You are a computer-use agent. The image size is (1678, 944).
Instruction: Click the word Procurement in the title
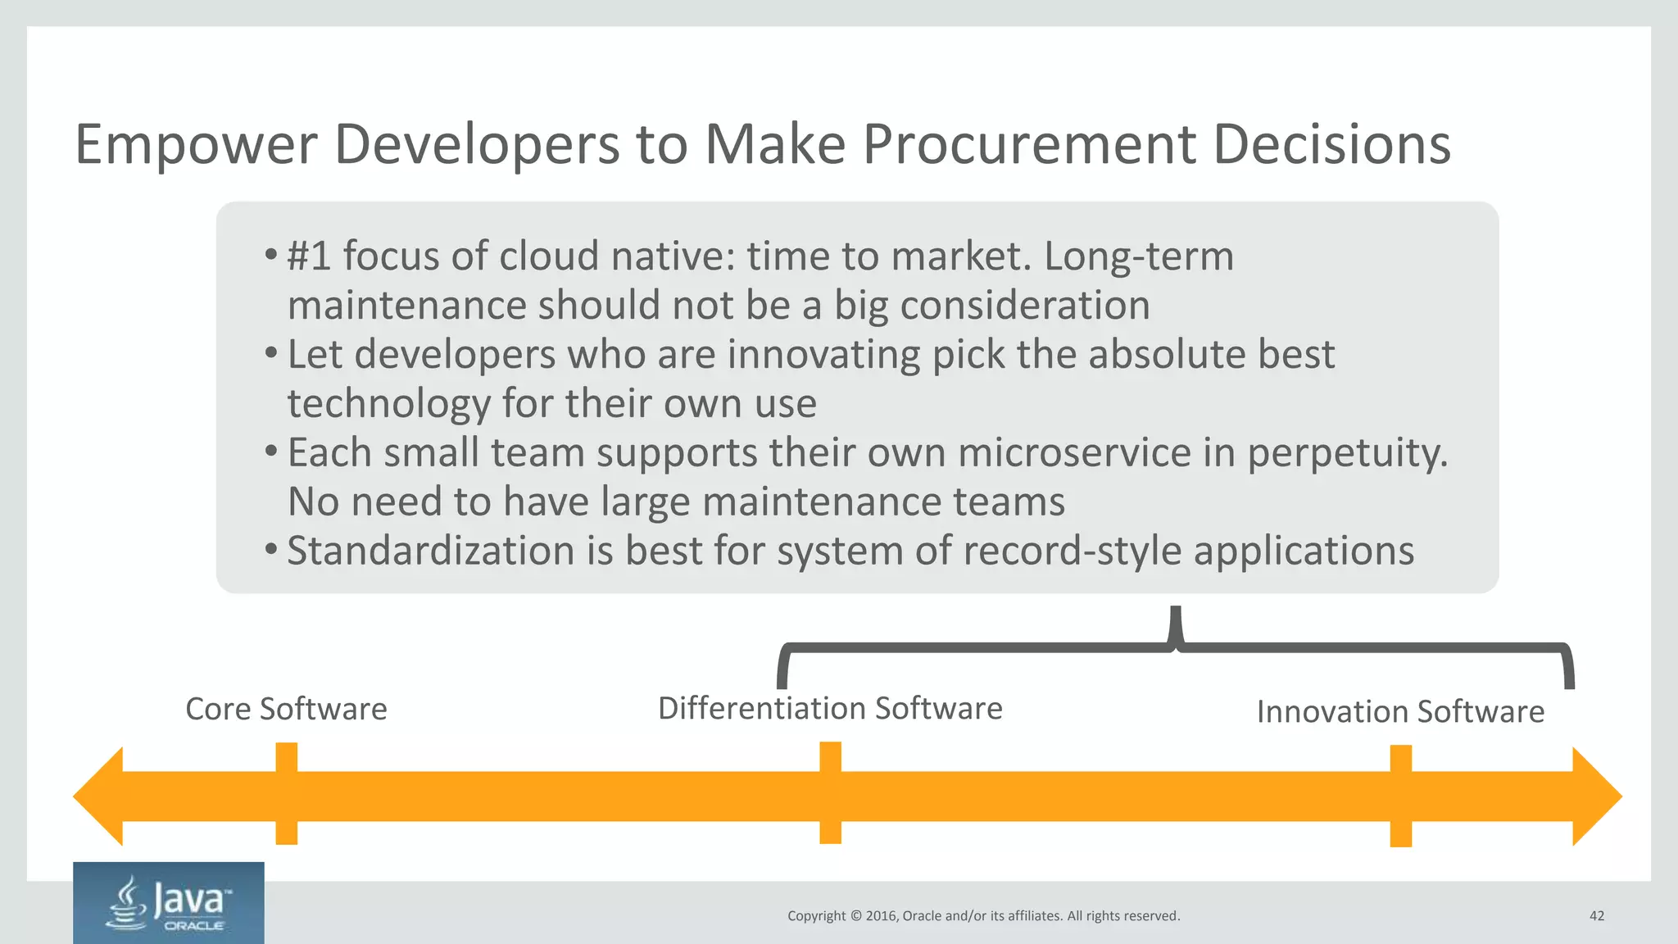1029,144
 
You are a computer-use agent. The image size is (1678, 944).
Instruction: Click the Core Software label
286,709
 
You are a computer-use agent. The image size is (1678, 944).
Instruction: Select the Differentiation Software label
830,708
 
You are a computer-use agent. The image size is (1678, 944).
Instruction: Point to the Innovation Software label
1400,711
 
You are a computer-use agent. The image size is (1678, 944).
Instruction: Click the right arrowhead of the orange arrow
1596,796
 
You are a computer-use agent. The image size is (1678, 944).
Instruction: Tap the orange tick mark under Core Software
286,793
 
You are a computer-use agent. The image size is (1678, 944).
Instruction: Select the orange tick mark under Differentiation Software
830,792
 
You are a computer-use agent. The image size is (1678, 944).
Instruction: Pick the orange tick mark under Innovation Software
1400,796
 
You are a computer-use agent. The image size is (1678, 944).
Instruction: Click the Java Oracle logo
169,903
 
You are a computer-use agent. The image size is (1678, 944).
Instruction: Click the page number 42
1596,915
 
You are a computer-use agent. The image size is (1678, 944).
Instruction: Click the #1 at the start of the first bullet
309,256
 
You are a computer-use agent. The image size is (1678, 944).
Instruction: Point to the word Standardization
430,551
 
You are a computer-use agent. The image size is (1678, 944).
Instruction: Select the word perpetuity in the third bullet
1347,453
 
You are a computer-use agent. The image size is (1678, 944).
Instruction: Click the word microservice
1074,452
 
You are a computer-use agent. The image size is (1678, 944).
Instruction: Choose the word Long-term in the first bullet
1138,256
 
